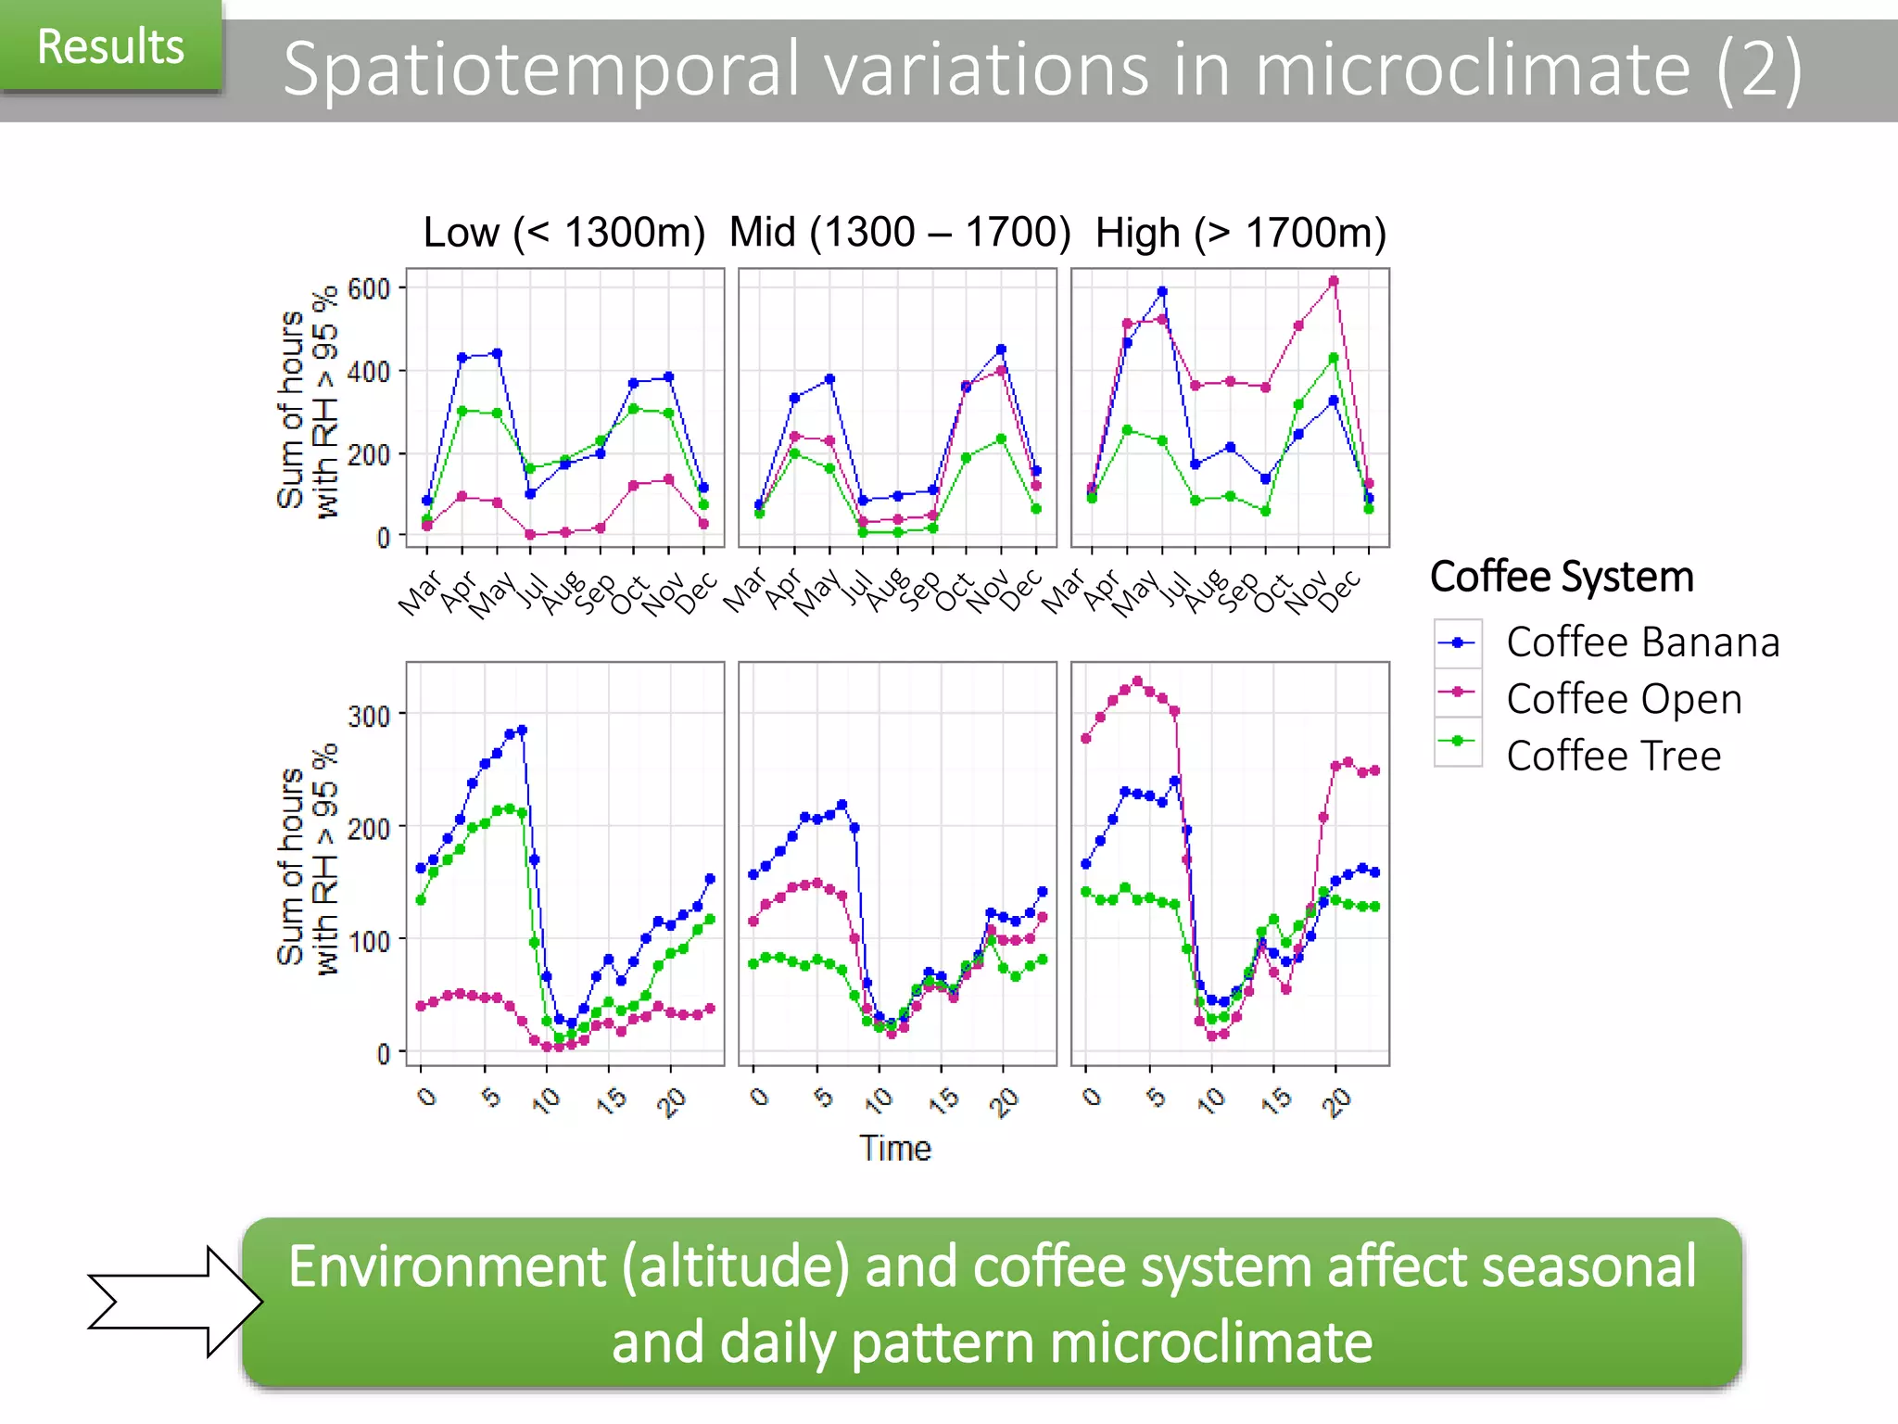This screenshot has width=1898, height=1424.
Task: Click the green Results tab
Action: (x=110, y=46)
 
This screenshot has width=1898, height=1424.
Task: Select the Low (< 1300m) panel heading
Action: (x=563, y=232)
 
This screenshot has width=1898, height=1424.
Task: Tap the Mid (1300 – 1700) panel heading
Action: (x=899, y=232)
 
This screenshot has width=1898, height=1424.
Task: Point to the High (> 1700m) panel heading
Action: (x=1240, y=233)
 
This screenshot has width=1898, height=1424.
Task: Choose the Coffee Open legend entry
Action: (x=1624, y=698)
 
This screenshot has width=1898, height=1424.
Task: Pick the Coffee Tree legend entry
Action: (x=1613, y=755)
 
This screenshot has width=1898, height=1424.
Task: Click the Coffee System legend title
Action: (x=1562, y=576)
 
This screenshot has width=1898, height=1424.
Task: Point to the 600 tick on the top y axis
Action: (x=368, y=289)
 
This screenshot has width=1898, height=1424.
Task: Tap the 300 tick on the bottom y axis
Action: (x=368, y=716)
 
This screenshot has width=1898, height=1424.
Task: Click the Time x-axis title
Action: (x=894, y=1148)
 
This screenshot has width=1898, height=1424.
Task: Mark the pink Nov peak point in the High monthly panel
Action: (x=1334, y=281)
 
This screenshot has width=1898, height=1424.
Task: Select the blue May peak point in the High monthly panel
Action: (x=1162, y=291)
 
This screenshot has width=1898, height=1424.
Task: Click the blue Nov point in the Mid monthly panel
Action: (x=1001, y=350)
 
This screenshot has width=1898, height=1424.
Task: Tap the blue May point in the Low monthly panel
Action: (x=497, y=353)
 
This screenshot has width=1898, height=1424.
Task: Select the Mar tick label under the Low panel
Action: (x=420, y=593)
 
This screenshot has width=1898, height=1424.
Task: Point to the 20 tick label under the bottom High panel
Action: (x=1336, y=1101)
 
